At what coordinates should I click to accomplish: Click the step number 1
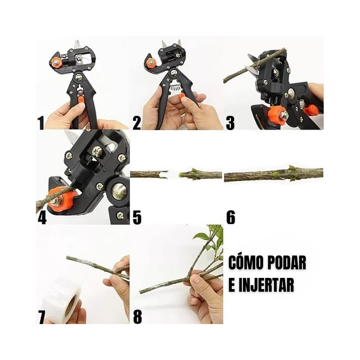pyautogui.click(x=41, y=123)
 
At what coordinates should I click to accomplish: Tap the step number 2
pyautogui.click(x=136, y=123)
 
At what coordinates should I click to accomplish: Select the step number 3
pyautogui.click(x=230, y=123)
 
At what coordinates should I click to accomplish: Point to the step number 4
pyautogui.click(x=42, y=217)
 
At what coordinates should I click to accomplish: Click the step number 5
pyautogui.click(x=137, y=217)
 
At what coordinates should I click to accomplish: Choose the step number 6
pyautogui.click(x=230, y=217)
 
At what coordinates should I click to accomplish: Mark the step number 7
pyautogui.click(x=41, y=317)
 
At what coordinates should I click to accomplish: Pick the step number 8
pyautogui.click(x=137, y=317)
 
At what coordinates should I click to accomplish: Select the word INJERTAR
pyautogui.click(x=265, y=285)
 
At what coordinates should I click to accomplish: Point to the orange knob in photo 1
pyautogui.click(x=56, y=62)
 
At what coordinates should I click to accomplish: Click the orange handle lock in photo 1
pyautogui.click(x=81, y=100)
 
